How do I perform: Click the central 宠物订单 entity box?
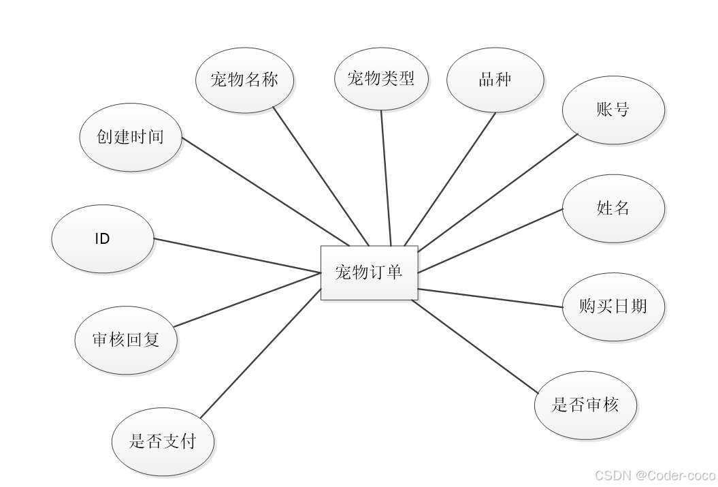click(x=369, y=272)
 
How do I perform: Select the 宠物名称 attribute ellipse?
click(x=245, y=80)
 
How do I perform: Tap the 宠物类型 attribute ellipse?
click(x=381, y=78)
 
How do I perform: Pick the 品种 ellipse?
click(x=495, y=80)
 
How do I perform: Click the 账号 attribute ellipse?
click(x=613, y=110)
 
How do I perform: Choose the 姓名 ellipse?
click(x=613, y=208)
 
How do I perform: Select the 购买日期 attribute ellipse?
click(x=613, y=307)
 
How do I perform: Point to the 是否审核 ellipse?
click(x=585, y=405)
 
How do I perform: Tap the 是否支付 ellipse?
click(x=163, y=441)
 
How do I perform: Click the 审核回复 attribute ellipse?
click(x=126, y=339)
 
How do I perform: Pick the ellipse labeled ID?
click(x=103, y=239)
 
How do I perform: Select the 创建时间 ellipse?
click(x=131, y=136)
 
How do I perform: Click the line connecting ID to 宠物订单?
click(x=238, y=256)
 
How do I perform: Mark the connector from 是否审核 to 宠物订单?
click(x=476, y=346)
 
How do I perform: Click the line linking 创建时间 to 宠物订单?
click(x=265, y=191)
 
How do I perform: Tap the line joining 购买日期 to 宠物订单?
click(x=490, y=298)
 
